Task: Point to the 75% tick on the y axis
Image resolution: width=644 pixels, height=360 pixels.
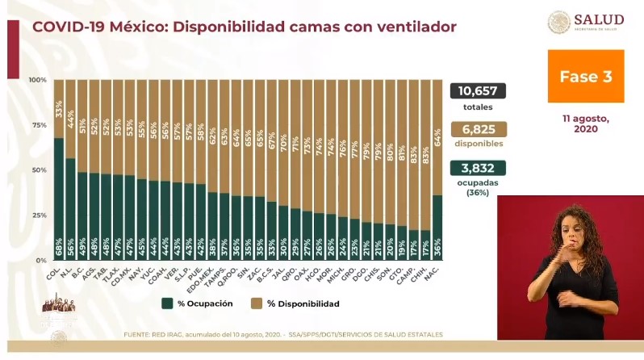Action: (x=38, y=125)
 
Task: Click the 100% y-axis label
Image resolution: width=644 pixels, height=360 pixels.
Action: (x=37, y=80)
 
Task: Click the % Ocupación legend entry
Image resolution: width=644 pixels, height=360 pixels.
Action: (x=198, y=303)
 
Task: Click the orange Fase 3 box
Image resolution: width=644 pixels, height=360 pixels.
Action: (x=586, y=77)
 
